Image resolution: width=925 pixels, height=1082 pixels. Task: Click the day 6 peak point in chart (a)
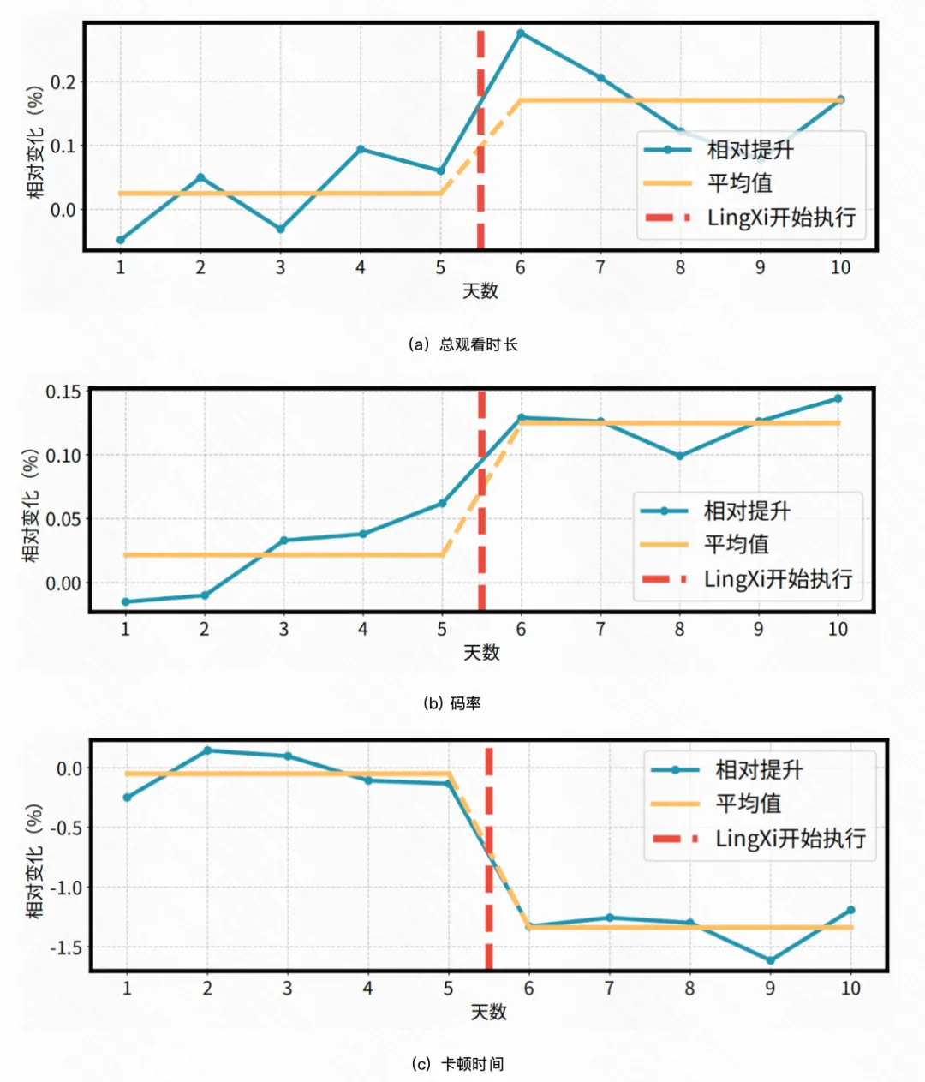coord(520,33)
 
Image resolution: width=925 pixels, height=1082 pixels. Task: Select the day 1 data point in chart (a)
coord(121,240)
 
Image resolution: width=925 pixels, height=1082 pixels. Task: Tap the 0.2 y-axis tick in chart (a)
coord(63,82)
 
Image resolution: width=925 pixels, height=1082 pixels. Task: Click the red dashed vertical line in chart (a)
coord(480,137)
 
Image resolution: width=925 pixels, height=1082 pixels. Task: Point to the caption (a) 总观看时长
coord(464,344)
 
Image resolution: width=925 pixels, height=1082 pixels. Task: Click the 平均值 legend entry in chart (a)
coord(739,183)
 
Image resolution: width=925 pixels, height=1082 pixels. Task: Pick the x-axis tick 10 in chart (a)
coord(840,267)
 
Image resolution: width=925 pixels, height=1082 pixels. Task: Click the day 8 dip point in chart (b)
coord(680,456)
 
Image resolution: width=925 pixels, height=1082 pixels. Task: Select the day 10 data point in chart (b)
coord(838,398)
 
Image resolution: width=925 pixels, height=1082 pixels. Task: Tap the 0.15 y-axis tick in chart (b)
coord(63,392)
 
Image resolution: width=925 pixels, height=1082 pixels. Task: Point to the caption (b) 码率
coord(451,703)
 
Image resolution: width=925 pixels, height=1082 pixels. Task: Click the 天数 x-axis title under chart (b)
coord(480,653)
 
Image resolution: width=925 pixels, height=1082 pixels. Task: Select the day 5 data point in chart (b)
coord(442,503)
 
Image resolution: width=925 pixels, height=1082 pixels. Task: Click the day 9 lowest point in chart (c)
coord(770,960)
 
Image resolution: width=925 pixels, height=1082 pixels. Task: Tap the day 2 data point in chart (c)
coord(207,750)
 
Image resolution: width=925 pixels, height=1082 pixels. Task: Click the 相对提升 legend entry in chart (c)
coord(759,769)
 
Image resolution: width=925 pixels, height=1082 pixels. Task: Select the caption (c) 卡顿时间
coord(457,1064)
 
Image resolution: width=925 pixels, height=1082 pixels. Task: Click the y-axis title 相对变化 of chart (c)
coord(34,861)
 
